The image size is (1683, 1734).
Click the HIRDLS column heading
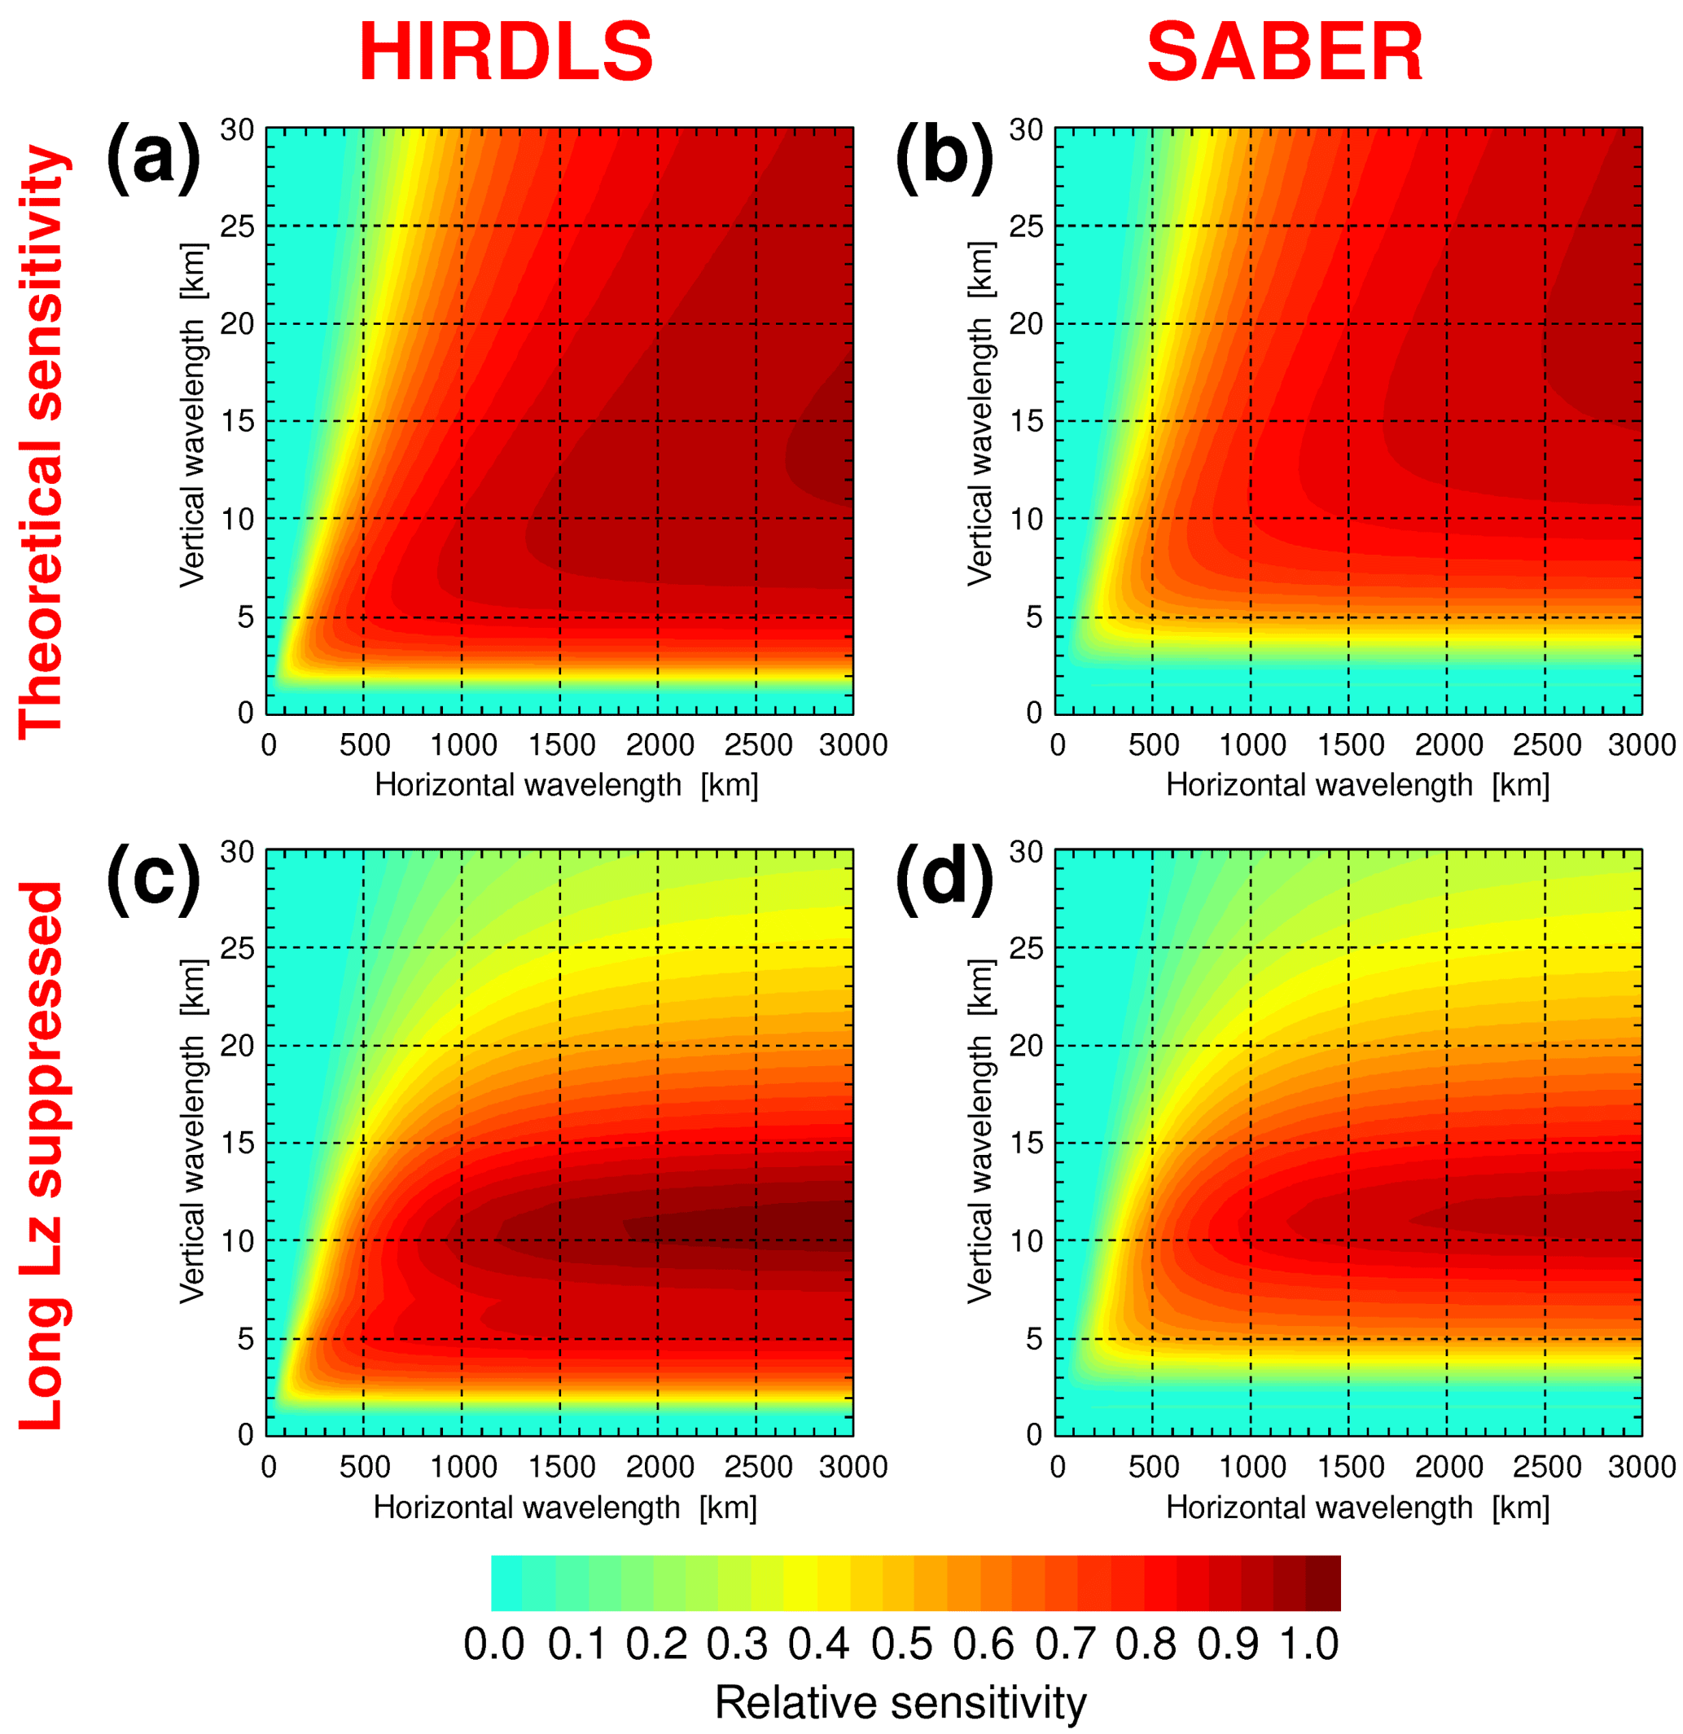click(x=505, y=53)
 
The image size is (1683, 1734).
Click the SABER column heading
click(x=1284, y=53)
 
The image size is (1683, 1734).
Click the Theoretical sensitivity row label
click(x=42, y=442)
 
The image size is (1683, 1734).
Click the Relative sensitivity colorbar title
click(x=901, y=1702)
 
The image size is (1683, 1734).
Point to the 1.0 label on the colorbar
click(x=1310, y=1644)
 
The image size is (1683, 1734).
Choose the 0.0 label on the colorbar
click(x=493, y=1644)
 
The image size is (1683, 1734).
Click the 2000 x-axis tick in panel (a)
click(x=660, y=745)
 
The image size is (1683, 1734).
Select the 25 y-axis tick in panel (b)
click(x=1026, y=226)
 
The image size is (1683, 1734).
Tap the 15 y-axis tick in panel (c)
click(x=237, y=1143)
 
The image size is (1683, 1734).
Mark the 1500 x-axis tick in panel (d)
click(x=1351, y=1467)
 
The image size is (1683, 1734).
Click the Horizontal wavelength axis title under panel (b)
click(x=1357, y=784)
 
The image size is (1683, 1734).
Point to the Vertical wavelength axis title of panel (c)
click(x=192, y=1131)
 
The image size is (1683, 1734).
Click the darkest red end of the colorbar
click(x=1324, y=1583)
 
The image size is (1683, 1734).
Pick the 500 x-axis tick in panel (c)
click(x=365, y=1467)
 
